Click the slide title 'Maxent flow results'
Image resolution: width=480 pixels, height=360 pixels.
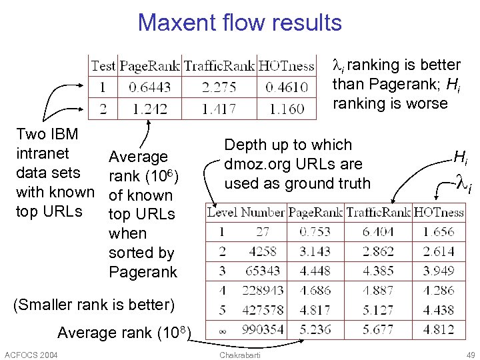(239, 23)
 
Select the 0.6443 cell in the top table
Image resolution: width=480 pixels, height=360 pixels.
(149, 87)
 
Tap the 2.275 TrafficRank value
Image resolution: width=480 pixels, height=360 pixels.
(219, 87)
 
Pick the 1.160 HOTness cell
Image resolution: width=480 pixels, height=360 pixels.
(287, 108)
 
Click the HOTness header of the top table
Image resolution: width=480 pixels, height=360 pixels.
(286, 65)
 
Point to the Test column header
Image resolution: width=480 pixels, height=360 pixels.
(103, 65)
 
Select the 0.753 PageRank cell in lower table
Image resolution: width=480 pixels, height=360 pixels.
(315, 232)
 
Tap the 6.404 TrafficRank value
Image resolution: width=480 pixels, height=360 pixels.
(377, 232)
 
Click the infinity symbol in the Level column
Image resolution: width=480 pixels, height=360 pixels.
(223, 330)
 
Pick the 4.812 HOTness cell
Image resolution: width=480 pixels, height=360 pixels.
(439, 329)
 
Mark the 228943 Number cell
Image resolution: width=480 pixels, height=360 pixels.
(261, 291)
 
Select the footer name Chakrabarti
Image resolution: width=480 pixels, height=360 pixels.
(239, 353)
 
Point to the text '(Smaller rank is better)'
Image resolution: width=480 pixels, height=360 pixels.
(93, 305)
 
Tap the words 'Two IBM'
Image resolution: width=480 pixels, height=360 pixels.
(47, 134)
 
